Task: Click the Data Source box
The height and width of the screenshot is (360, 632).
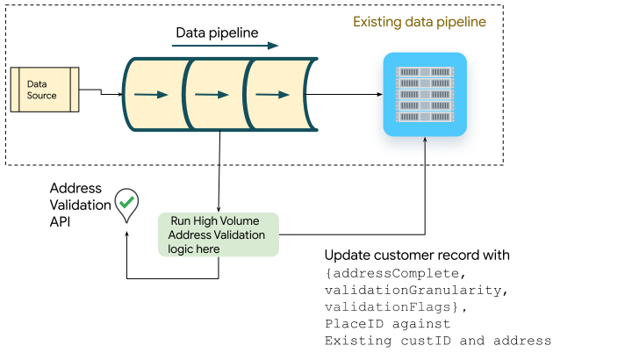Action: [x=45, y=90]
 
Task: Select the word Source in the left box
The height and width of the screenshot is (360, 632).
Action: [x=41, y=96]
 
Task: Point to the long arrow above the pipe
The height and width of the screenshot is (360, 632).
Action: [x=225, y=46]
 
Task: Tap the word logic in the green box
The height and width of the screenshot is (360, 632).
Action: [x=182, y=249]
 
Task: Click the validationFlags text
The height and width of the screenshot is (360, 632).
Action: [x=387, y=307]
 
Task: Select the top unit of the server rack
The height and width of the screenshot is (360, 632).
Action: [x=425, y=71]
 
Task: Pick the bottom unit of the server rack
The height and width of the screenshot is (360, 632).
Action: [x=425, y=118]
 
